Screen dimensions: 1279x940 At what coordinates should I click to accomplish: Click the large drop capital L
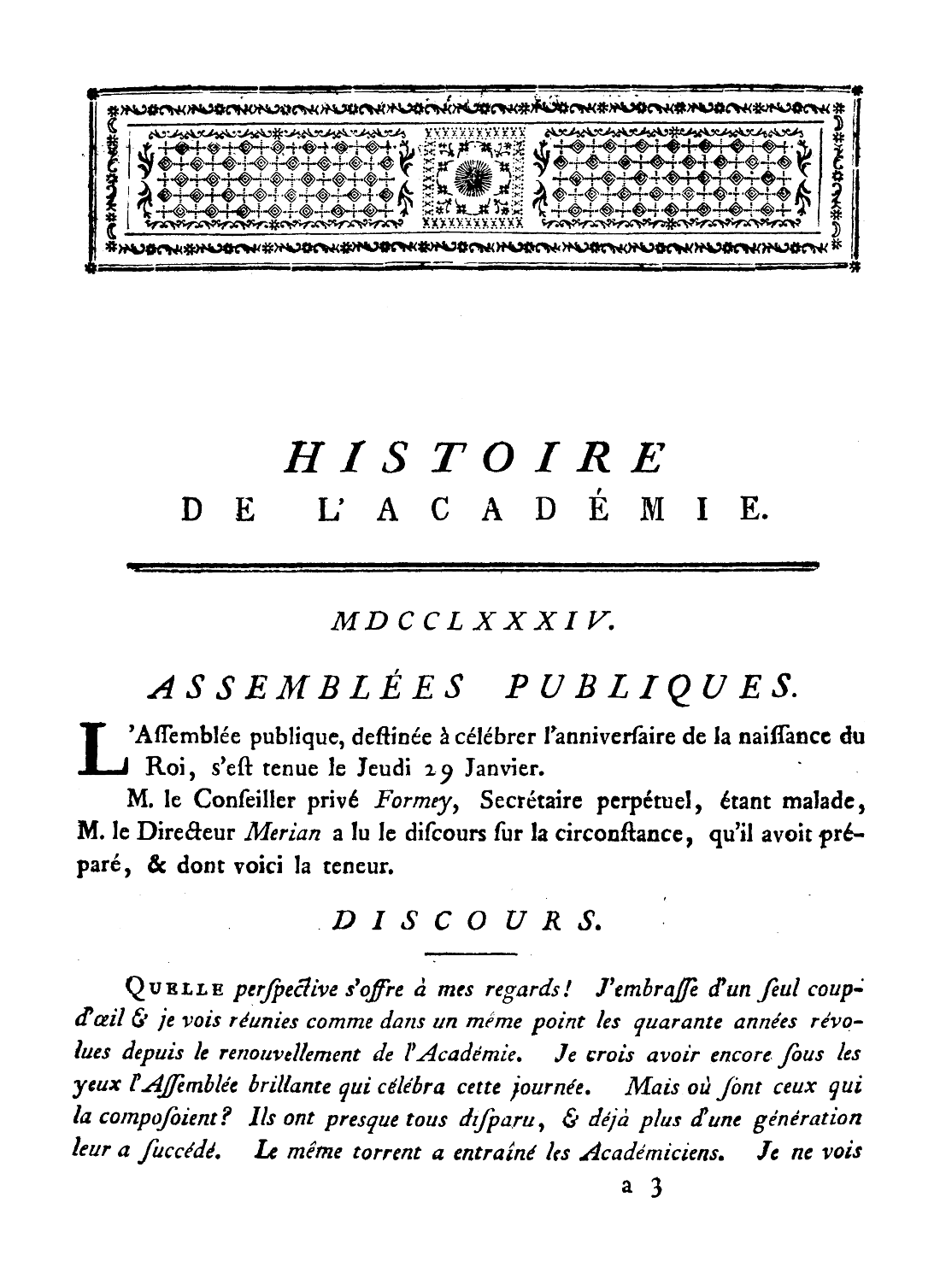click(102, 748)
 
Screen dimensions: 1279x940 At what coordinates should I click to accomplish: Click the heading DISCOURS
click(465, 919)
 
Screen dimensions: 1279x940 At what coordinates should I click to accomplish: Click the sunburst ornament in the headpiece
click(468, 177)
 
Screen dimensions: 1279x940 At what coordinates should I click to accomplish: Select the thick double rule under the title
click(472, 566)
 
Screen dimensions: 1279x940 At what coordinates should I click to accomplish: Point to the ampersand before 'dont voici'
click(156, 866)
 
